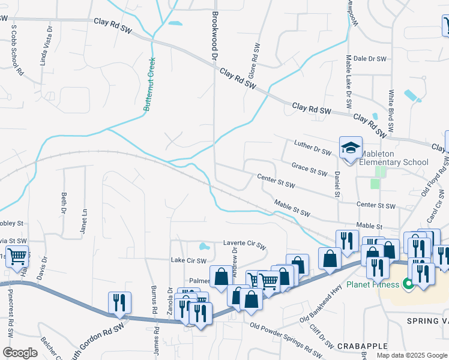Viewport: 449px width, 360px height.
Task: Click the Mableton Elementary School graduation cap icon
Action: pos(351,148)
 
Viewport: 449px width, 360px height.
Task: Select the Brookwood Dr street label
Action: pos(214,30)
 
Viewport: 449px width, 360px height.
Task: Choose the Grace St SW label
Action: pos(309,169)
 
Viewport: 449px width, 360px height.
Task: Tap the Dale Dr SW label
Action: pos(369,59)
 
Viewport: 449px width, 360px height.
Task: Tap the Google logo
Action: pos(20,353)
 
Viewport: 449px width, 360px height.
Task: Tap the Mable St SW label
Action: pos(292,209)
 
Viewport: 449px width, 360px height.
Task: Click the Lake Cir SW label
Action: pos(188,260)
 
